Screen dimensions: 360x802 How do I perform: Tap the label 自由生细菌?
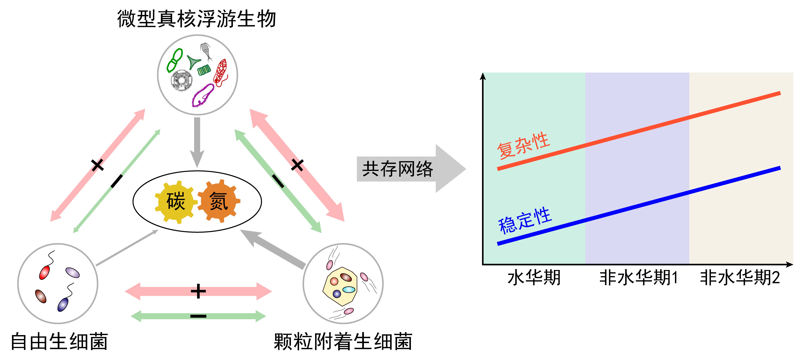point(59,341)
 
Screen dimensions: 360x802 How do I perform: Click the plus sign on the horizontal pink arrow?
point(198,291)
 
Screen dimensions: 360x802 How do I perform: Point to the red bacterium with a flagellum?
point(44,272)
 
